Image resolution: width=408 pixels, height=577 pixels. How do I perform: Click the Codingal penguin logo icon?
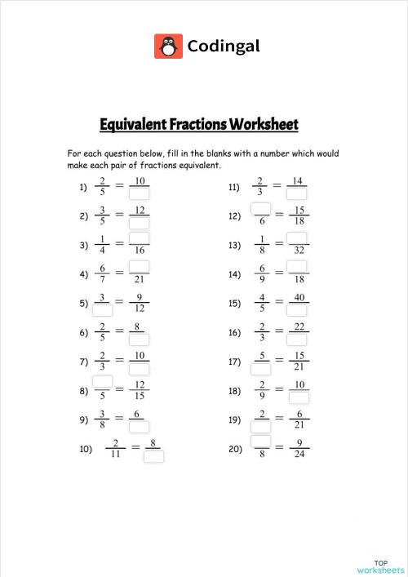(168, 46)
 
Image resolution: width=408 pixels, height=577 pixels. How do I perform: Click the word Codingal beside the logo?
(224, 46)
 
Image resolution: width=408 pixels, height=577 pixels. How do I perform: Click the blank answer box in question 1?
(140, 193)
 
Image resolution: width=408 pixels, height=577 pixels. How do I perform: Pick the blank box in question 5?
(103, 310)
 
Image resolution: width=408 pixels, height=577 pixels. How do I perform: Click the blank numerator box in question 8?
(103, 381)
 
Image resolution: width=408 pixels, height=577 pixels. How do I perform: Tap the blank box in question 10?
(153, 456)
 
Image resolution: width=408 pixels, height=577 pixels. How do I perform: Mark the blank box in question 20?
(260, 441)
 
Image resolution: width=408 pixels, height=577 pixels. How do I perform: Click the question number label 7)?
(83, 362)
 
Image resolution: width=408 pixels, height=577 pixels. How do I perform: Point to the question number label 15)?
(235, 304)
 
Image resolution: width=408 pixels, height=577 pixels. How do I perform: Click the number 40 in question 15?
(299, 297)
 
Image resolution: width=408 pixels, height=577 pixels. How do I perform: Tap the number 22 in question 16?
(299, 326)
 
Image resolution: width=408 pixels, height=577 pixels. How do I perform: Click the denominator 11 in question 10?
(117, 455)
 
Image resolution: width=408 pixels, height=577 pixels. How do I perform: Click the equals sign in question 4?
(120, 274)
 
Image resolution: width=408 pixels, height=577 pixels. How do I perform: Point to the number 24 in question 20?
(299, 455)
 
